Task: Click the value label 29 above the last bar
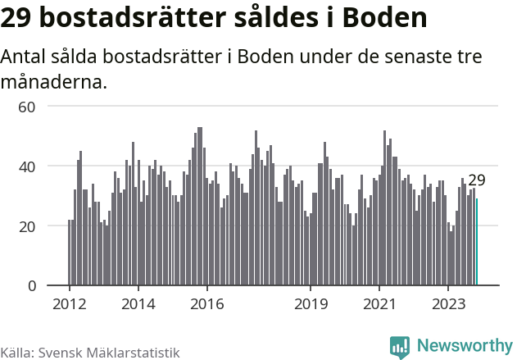[477, 180]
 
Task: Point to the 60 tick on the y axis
[27, 107]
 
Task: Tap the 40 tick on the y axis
[27, 166]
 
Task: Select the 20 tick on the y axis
[27, 226]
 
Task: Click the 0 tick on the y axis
[31, 286]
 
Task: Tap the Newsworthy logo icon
[400, 347]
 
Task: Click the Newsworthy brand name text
[464, 346]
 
